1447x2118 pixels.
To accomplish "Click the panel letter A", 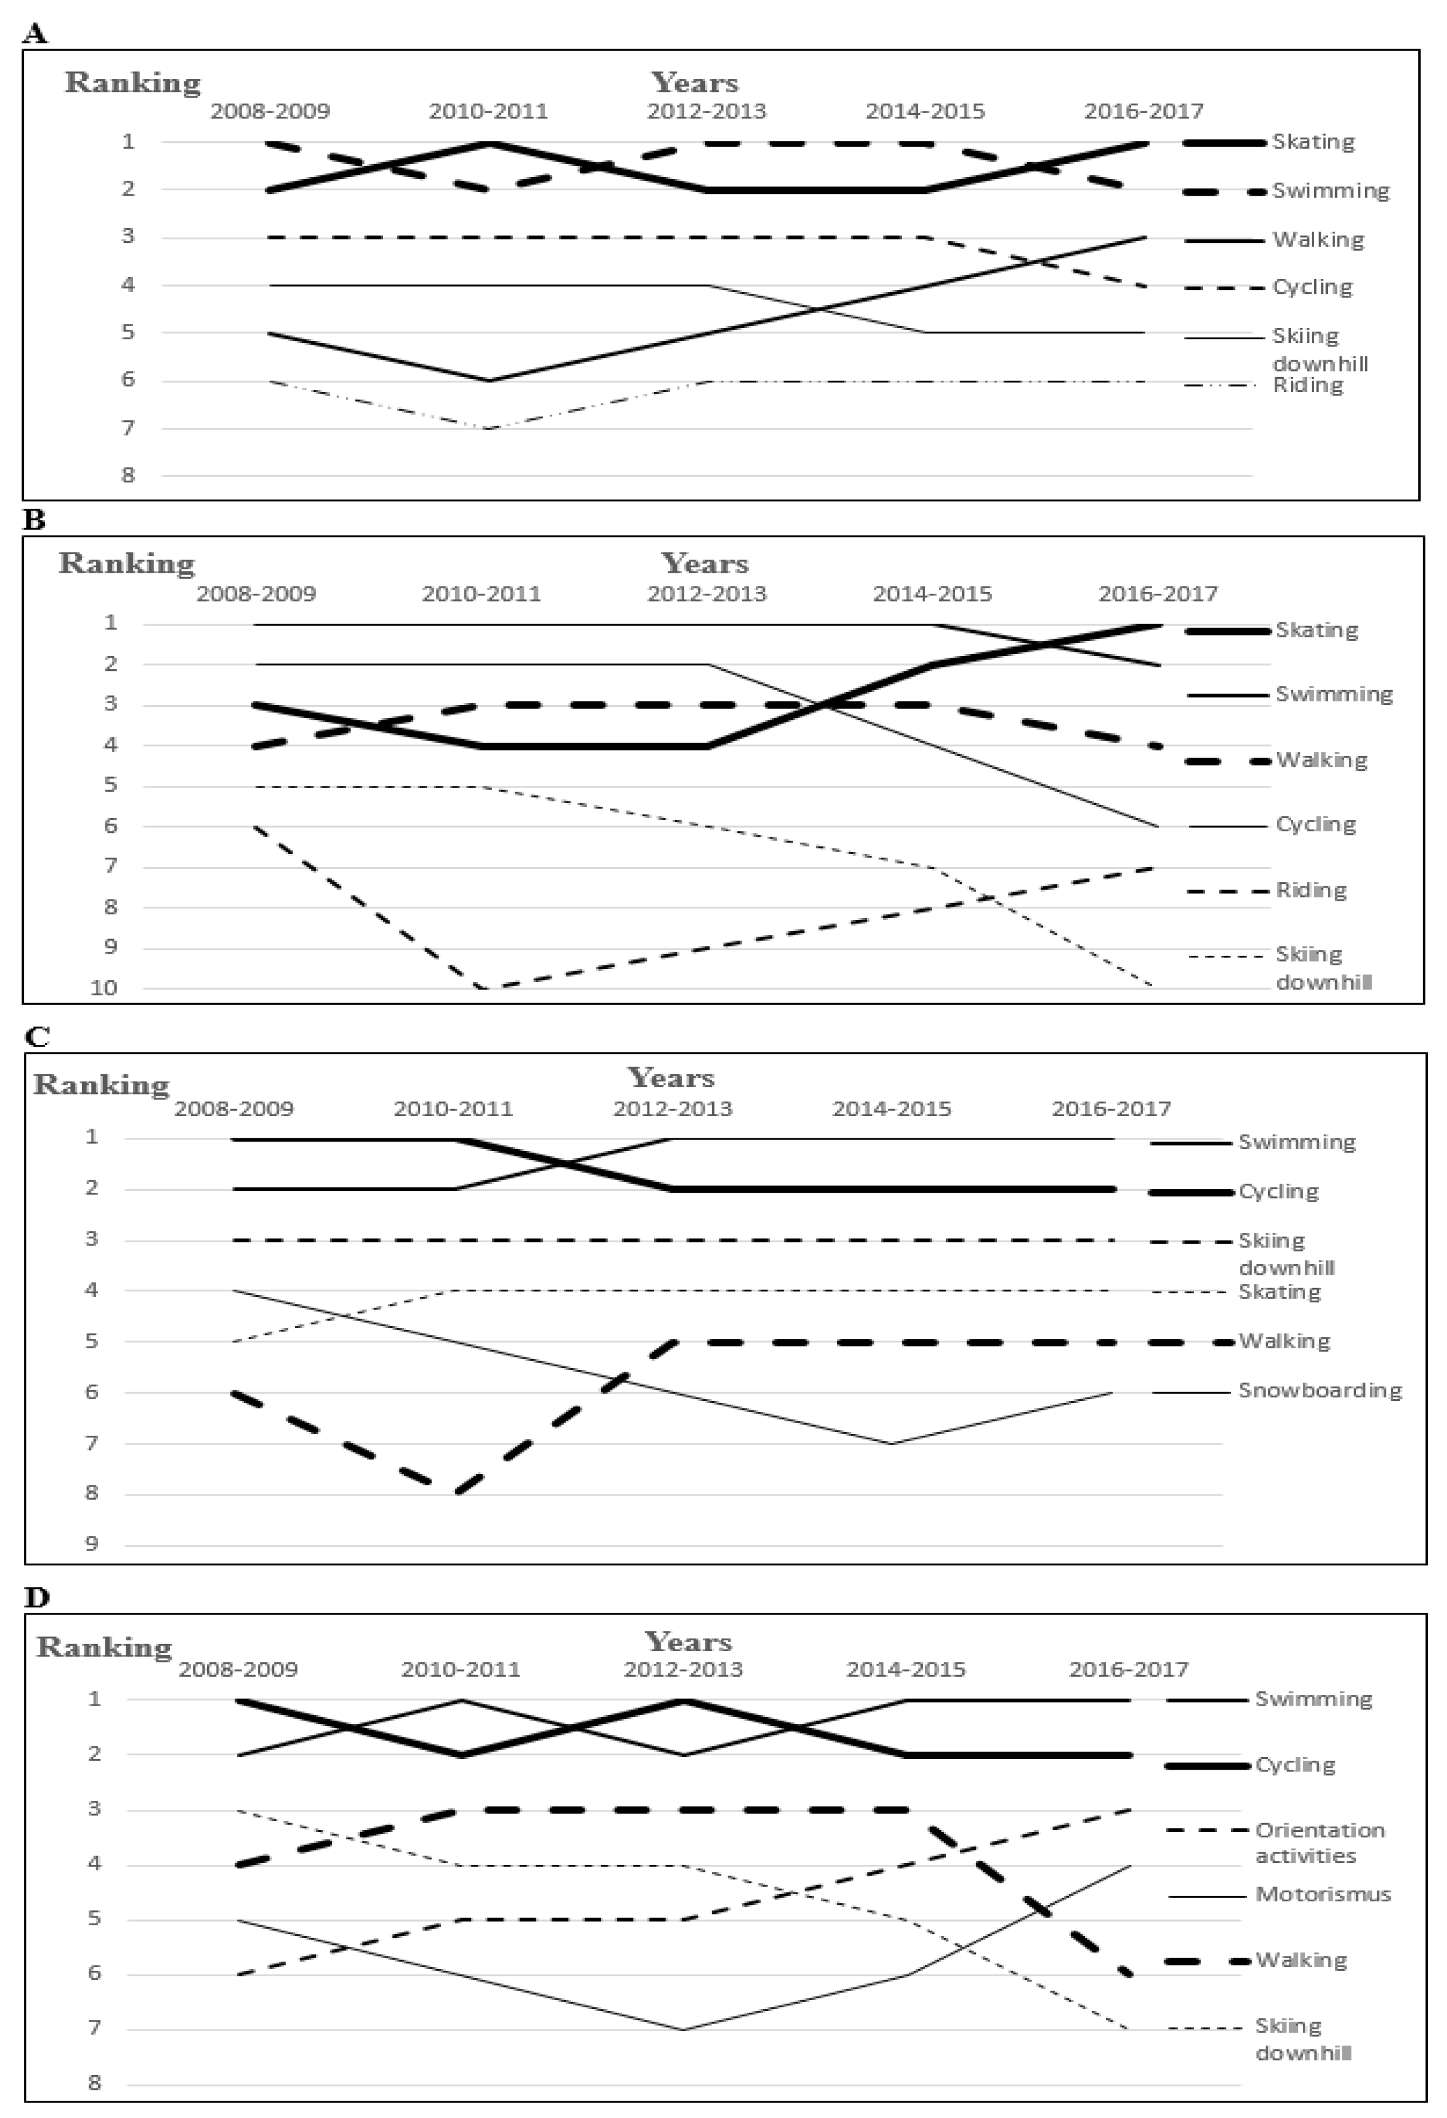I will pos(35,35).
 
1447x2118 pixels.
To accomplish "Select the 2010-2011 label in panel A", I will pos(488,112).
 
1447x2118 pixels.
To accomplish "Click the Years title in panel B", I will pos(704,563).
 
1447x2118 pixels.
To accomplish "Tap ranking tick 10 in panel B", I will pos(104,988).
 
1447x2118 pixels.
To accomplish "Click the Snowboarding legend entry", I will pos(1320,1391).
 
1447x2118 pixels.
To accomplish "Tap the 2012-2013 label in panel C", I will pos(673,1109).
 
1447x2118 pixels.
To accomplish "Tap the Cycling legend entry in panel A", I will pos(1312,288).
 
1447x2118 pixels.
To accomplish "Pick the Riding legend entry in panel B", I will pos(1311,891).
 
